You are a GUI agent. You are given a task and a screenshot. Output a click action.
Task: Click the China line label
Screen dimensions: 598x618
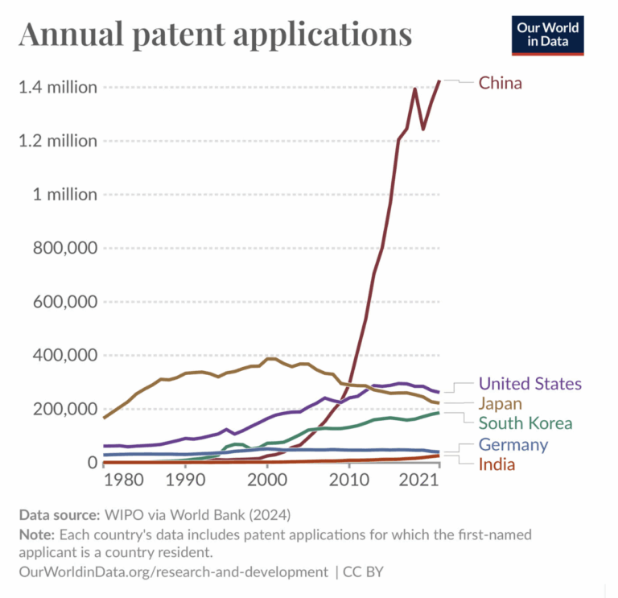click(500, 83)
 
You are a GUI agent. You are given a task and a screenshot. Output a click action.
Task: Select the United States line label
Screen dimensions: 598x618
click(529, 384)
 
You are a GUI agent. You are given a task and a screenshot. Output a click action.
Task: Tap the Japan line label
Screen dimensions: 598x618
click(501, 403)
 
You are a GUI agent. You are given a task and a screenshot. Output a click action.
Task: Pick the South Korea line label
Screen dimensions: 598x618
click(525, 423)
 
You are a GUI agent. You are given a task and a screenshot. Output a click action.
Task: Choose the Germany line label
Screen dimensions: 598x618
click(513, 444)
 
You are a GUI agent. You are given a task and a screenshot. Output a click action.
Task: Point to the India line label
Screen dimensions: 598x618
click(496, 464)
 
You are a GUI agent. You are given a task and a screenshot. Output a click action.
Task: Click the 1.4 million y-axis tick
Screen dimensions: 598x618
click(58, 87)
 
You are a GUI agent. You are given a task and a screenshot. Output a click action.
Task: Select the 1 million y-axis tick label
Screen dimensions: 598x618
click(64, 195)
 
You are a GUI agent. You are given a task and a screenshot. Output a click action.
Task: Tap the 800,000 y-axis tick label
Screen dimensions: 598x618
click(64, 248)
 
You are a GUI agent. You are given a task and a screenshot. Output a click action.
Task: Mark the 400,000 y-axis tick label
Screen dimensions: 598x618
click(64, 355)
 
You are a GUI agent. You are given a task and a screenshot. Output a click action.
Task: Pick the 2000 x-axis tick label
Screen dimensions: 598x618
click(266, 480)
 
